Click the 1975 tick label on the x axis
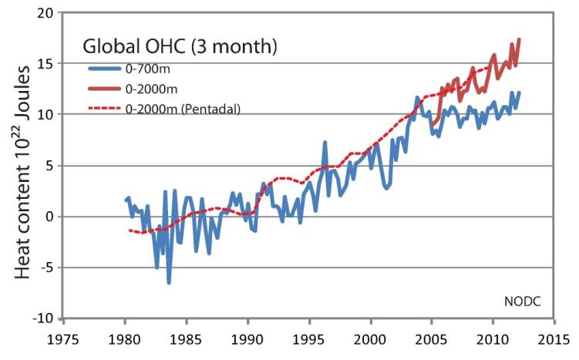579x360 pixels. click(64, 340)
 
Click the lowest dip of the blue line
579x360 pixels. click(169, 283)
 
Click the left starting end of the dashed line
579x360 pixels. click(130, 230)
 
